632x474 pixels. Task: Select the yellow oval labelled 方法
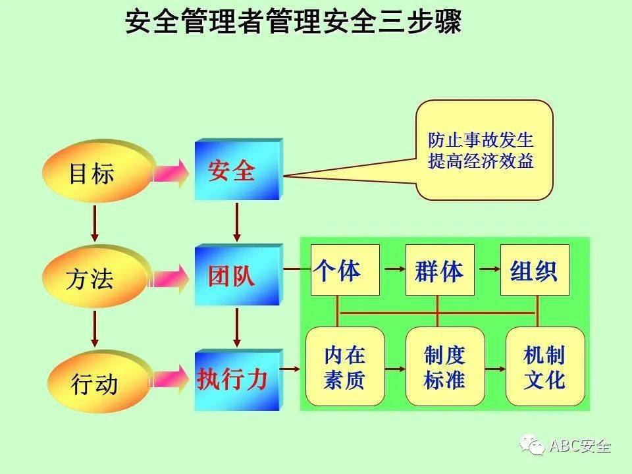92,278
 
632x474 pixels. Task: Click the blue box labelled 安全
234,172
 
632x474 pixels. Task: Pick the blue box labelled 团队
233,276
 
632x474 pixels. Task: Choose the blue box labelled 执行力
234,381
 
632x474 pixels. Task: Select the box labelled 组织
534,270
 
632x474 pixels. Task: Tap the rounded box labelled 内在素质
345,367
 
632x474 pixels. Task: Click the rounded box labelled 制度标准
445,367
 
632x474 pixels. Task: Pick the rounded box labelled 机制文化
544,367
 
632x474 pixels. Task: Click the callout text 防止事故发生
481,141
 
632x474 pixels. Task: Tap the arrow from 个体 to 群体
393,269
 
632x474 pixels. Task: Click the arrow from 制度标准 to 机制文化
495,368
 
